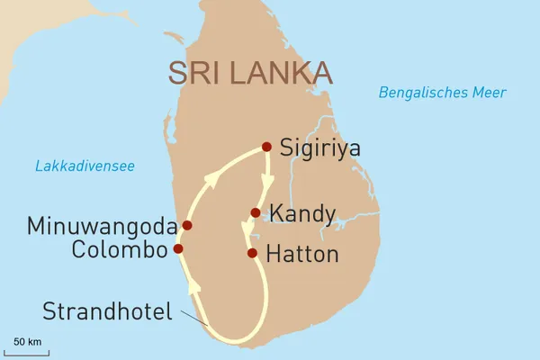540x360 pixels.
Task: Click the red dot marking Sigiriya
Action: (x=265, y=147)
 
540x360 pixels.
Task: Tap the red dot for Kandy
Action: (x=256, y=213)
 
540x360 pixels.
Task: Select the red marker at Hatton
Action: (x=253, y=253)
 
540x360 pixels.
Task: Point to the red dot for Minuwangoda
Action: (x=187, y=225)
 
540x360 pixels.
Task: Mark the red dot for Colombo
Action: (x=178, y=248)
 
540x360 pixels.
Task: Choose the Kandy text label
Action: (x=302, y=215)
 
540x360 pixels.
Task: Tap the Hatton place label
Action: (x=303, y=255)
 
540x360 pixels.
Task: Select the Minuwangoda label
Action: (x=102, y=224)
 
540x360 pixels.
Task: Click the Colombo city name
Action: (x=121, y=248)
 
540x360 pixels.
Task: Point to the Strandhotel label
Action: (x=105, y=311)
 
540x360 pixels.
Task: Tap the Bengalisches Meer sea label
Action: (x=442, y=92)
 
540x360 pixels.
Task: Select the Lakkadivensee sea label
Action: (x=85, y=166)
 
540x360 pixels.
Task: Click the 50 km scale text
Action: (x=28, y=341)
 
